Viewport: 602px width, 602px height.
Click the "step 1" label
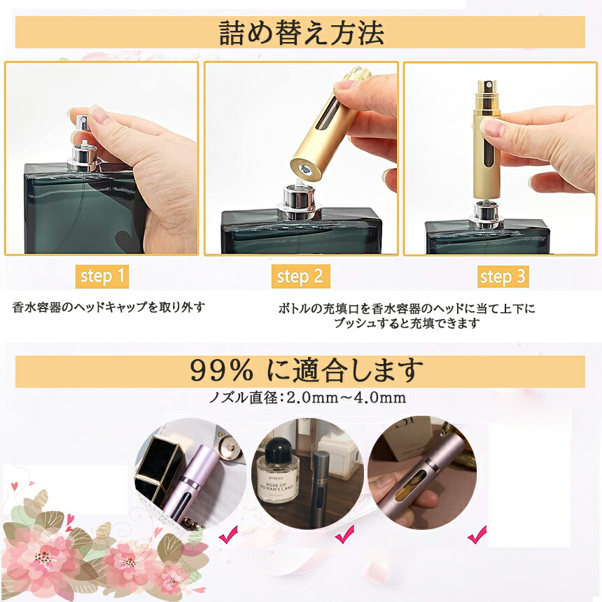102,276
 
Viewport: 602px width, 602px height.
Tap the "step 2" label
300,276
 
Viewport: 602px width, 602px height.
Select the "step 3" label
503,276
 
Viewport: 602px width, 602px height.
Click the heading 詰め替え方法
302,33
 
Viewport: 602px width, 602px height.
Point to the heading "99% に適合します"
307,370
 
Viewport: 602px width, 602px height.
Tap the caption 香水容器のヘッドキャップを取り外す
108,307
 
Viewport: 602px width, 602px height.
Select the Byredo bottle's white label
276,485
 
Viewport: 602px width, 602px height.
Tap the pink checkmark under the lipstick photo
228,534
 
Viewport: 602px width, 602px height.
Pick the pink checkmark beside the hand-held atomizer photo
477,534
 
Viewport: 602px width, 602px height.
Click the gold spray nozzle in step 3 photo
487,94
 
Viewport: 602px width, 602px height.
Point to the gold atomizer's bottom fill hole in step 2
304,169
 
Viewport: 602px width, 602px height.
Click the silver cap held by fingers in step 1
82,124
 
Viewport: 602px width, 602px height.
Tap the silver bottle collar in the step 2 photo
299,203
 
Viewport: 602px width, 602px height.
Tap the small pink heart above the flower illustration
14,486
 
